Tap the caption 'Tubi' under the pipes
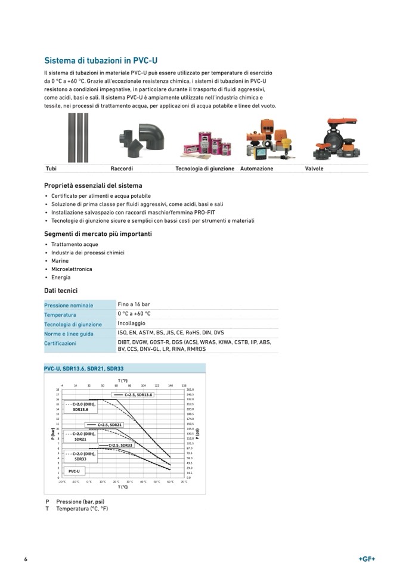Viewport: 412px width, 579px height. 51,169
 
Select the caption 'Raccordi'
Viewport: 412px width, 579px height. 122,169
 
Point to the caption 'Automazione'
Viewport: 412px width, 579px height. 256,169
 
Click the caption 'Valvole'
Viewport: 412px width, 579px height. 314,169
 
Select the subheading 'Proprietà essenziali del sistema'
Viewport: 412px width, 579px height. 93,186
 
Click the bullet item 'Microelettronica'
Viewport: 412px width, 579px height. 72,269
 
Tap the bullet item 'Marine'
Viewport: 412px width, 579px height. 60,261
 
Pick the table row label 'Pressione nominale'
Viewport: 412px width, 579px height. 69,306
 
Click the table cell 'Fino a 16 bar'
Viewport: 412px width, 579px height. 134,304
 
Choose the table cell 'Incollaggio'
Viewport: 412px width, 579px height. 131,323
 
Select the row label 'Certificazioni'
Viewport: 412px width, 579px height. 60,344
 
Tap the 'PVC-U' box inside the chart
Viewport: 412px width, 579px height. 75,471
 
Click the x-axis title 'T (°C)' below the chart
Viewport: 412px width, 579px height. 123,487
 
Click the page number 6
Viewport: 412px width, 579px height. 26,559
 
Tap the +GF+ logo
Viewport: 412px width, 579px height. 367,559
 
